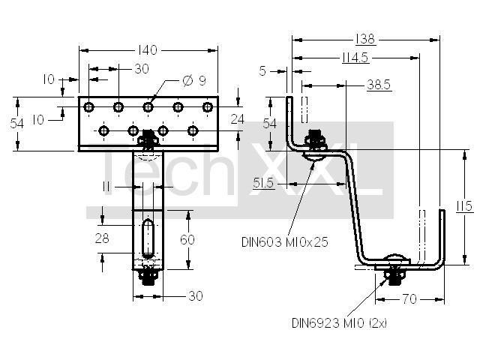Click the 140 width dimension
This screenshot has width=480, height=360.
click(x=148, y=50)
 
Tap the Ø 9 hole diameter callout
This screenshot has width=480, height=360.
click(x=194, y=80)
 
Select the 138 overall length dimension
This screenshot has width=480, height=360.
click(x=365, y=39)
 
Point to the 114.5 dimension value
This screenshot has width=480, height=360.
click(x=355, y=58)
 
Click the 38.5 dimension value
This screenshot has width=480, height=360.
click(x=379, y=85)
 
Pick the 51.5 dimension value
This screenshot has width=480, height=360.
click(x=263, y=183)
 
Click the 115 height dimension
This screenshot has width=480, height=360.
click(x=465, y=206)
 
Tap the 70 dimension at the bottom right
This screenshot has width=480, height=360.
click(x=410, y=299)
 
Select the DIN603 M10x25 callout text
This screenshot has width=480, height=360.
click(x=285, y=242)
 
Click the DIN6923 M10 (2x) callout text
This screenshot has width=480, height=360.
click(x=339, y=323)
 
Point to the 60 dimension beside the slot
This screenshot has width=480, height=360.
click(x=187, y=239)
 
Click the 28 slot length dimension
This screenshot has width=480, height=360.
click(x=102, y=238)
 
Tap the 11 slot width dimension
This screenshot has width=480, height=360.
click(x=106, y=187)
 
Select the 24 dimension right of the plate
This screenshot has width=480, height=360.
click(x=238, y=119)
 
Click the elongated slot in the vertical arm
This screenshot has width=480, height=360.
click(x=148, y=238)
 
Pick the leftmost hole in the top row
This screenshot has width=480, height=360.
click(x=88, y=107)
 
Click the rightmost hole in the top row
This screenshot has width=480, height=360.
click(x=208, y=107)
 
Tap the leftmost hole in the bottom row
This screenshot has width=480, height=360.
click(x=103, y=131)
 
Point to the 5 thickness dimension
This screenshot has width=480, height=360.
click(x=262, y=71)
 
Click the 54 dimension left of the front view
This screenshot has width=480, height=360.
click(x=16, y=124)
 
